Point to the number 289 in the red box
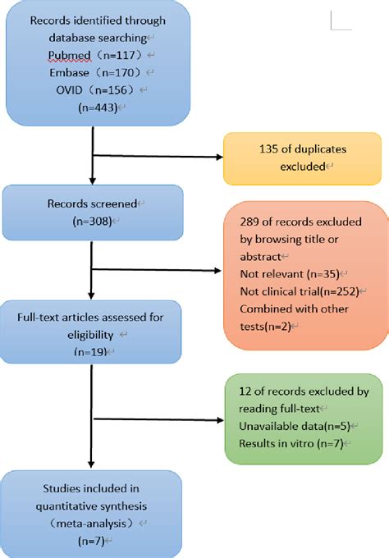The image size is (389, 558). (x=247, y=220)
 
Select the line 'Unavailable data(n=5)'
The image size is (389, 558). (x=284, y=426)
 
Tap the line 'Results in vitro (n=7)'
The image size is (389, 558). (x=284, y=444)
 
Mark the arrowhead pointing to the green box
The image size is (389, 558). (x=219, y=420)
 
